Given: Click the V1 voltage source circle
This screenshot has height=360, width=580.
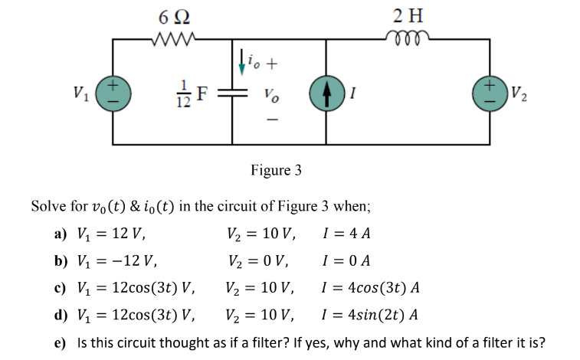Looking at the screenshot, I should point(113,95).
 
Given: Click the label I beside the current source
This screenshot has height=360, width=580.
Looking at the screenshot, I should point(352,95).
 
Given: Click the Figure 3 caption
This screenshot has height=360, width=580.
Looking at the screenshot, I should point(276,169).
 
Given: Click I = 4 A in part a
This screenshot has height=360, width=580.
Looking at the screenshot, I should point(349,234).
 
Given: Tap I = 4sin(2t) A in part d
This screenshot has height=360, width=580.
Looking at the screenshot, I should point(372,314).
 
